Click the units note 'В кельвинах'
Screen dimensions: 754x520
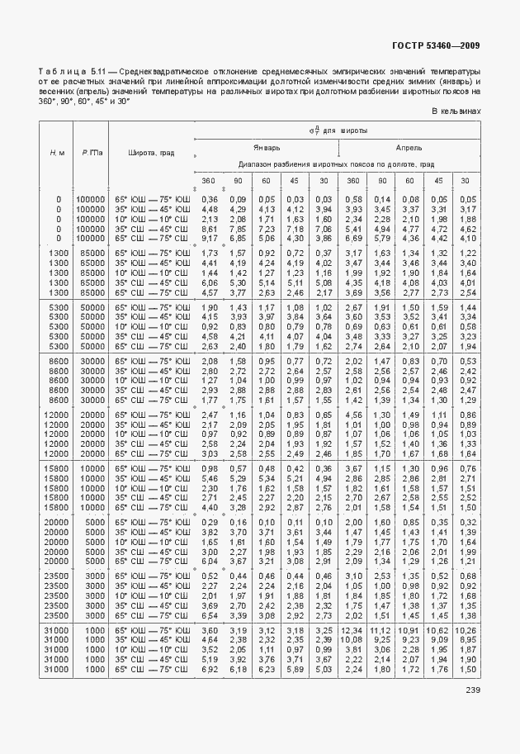[x=456, y=111]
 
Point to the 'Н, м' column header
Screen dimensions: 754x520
[x=57, y=153]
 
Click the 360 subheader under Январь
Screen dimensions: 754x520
[x=210, y=181]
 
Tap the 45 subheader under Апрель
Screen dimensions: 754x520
[x=439, y=181]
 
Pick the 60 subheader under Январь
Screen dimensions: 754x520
[x=266, y=181]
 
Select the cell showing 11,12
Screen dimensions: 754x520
[x=381, y=630]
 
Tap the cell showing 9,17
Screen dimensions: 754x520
[x=210, y=238]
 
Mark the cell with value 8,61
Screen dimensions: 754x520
[x=210, y=229]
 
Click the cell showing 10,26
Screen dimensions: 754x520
[x=467, y=630]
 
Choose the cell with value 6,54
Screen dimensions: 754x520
[x=210, y=615]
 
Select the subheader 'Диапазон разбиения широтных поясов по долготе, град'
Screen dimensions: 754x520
[x=337, y=164]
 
